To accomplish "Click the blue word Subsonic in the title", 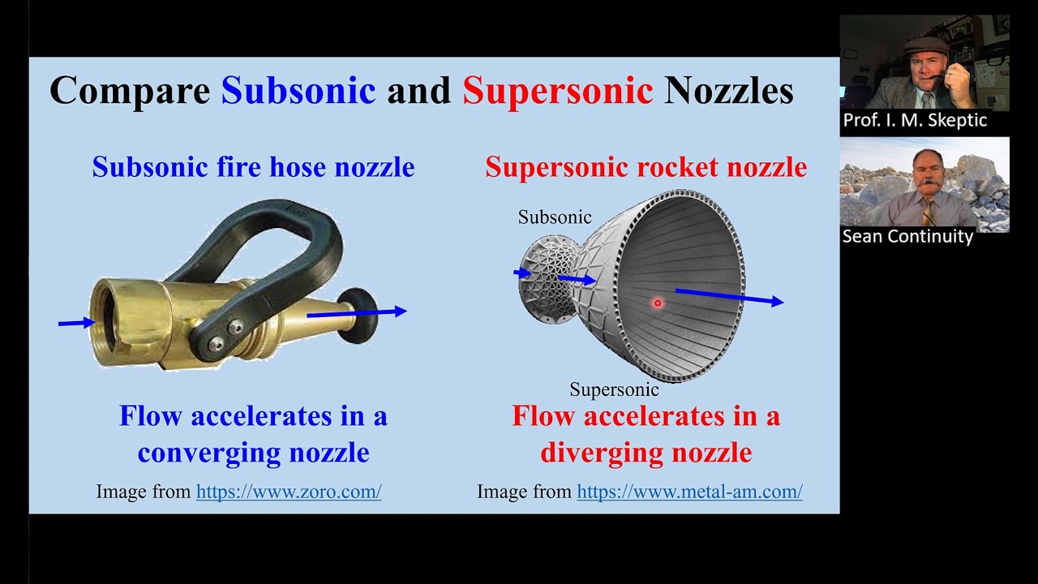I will (x=298, y=90).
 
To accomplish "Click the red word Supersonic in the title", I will (x=557, y=90).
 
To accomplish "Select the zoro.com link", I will (x=289, y=492).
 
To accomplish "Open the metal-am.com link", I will (x=689, y=492).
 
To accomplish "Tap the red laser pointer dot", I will (x=658, y=303).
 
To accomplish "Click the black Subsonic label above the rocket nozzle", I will (x=555, y=217).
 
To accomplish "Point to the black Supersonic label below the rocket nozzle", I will (x=614, y=389).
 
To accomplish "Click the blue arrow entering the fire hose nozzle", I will (x=76, y=323).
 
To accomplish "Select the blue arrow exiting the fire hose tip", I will (x=357, y=312).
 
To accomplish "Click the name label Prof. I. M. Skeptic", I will (x=915, y=121).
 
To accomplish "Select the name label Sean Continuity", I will (x=907, y=237).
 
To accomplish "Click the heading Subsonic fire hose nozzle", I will (x=253, y=167).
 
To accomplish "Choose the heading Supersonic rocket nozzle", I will (x=646, y=167).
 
